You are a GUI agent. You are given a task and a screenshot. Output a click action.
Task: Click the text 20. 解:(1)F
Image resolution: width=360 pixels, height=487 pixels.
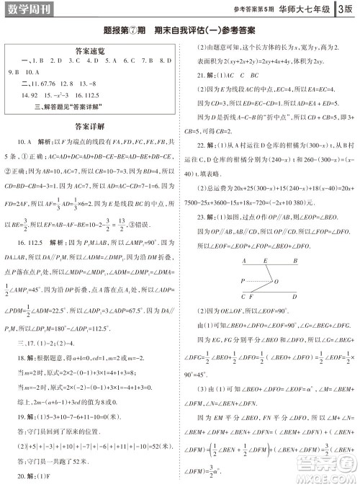pyautogui.click(x=37, y=476)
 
